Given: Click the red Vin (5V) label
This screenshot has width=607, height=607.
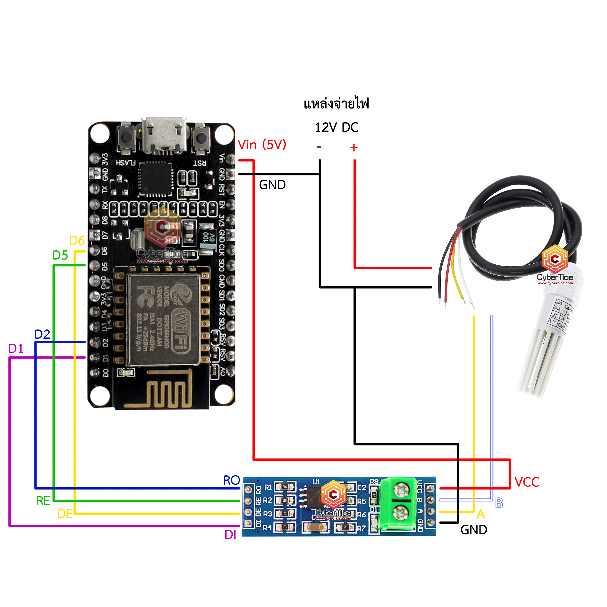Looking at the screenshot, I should coord(262,145).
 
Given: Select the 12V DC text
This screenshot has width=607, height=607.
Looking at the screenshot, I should coord(337,127).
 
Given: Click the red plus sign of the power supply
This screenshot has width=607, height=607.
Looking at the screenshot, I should coord(354,148).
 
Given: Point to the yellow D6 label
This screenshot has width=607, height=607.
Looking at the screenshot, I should coord(77,241).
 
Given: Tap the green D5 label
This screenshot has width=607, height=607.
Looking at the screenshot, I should coord(60,255).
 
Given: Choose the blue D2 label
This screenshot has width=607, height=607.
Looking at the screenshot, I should coord(42,334).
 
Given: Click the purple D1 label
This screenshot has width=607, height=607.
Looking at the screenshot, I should coord(16,349).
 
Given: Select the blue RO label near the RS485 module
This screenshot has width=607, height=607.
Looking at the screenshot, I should coord(231,480).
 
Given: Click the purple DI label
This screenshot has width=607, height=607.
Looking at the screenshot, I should coord(230,535).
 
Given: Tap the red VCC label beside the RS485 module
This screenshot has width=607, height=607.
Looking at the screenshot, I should coord(527,482).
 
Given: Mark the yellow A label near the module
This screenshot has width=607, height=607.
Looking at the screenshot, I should coord(481,514).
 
